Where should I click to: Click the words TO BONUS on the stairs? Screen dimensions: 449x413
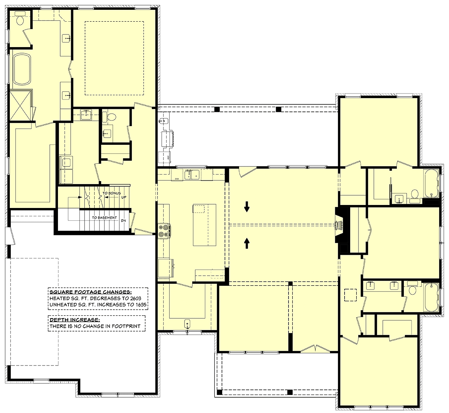(112, 193)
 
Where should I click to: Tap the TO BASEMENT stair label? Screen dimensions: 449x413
(104, 217)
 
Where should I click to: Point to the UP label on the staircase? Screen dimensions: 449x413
(124, 197)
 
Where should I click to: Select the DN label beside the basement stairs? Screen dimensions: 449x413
(123, 220)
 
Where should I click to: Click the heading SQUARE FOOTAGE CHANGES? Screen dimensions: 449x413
(91, 292)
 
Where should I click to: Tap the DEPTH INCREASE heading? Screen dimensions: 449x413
(75, 319)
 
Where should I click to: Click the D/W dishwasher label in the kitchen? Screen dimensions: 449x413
(177, 179)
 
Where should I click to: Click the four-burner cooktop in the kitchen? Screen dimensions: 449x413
(164, 231)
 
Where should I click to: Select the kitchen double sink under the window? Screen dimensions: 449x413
(192, 174)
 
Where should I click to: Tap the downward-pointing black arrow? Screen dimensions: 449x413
(247, 206)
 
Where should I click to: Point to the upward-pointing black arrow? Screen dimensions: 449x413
(247, 243)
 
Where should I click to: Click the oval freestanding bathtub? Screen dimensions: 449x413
(21, 69)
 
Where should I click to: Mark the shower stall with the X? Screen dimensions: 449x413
(20, 105)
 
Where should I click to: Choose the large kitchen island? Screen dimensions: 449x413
(205, 225)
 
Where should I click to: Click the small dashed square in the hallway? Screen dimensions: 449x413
(350, 295)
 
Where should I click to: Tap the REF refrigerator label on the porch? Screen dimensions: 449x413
(168, 157)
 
